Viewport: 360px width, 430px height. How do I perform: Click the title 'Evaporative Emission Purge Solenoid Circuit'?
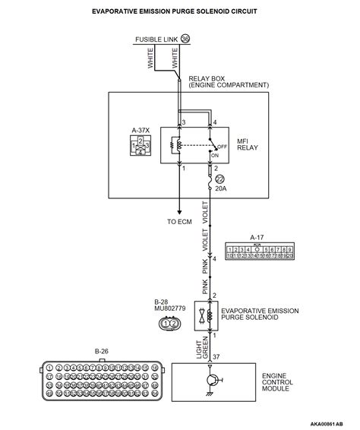click(x=179, y=12)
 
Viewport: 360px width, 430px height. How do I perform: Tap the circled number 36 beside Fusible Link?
click(x=185, y=39)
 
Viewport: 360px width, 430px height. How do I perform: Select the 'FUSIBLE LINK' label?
click(x=155, y=39)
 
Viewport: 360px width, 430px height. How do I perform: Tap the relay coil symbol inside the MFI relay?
click(x=178, y=144)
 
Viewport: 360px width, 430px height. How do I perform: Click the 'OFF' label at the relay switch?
click(x=223, y=147)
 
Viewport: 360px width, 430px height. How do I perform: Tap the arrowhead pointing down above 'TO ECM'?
click(x=179, y=213)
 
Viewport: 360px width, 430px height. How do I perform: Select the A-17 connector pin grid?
click(x=260, y=253)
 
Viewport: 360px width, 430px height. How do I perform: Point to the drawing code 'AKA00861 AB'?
click(x=332, y=422)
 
